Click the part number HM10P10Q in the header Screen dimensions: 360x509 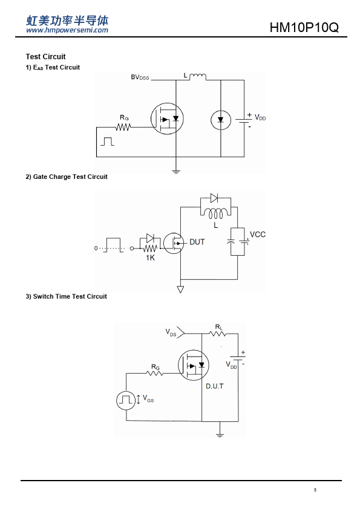tap(304, 28)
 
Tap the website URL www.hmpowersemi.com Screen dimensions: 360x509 tap(67, 30)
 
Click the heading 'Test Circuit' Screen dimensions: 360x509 tap(46, 57)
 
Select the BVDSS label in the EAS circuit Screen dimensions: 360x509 tap(140, 77)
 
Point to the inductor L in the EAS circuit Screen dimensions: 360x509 tap(197, 76)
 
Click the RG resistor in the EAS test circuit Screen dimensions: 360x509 tap(123, 127)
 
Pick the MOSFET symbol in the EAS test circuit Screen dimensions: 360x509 tap(167, 118)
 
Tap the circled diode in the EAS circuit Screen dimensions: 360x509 tap(221, 120)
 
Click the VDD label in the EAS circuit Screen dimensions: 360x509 tap(260, 117)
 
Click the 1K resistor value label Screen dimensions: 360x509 tap(151, 258)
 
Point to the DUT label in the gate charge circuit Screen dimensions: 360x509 tap(197, 242)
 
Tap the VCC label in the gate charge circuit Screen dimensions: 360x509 tap(258, 235)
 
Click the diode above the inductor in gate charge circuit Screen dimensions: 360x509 tap(214, 198)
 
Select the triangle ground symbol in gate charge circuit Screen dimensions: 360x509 tap(180, 289)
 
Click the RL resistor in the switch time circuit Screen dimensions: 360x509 tap(218, 334)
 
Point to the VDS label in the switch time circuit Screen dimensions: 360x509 tap(171, 332)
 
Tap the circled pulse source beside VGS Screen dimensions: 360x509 tap(126, 400)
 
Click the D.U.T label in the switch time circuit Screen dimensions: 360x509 tap(215, 386)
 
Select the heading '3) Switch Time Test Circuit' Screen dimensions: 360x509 tap(67, 296)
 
